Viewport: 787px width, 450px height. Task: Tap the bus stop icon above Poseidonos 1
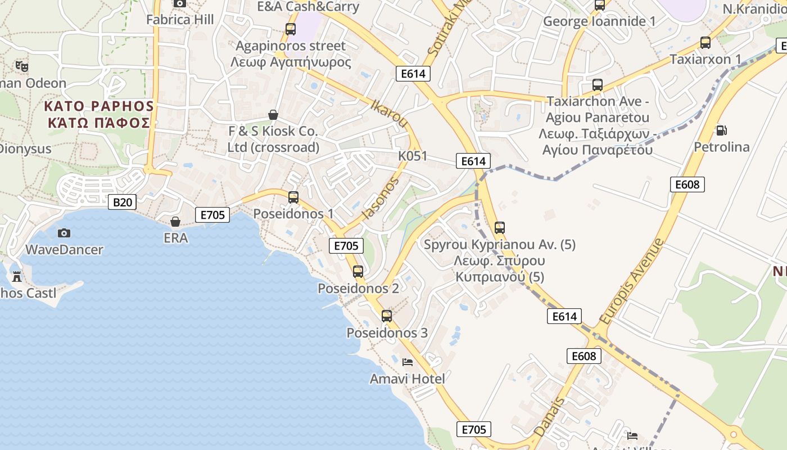tap(293, 197)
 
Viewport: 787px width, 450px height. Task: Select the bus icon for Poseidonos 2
tap(358, 272)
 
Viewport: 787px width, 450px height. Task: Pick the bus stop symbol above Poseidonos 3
tap(387, 316)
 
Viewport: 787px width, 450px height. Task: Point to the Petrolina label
tap(721, 147)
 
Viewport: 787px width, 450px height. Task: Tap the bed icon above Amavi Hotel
tap(408, 362)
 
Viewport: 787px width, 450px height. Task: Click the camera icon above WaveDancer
tap(64, 233)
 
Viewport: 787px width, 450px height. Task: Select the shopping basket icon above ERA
tap(175, 222)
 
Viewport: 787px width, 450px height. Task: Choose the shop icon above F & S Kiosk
tap(273, 115)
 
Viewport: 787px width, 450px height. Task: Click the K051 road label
tap(413, 156)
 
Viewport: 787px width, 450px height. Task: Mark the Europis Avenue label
tap(631, 281)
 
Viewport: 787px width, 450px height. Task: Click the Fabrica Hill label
tap(180, 20)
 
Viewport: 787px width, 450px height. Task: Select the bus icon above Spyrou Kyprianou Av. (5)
tap(499, 228)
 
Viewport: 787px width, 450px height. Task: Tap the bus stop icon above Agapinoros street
tap(290, 29)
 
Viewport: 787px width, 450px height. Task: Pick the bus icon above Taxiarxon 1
tap(705, 43)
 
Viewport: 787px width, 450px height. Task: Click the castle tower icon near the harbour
tap(17, 277)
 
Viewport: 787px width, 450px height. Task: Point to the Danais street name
tap(549, 417)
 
